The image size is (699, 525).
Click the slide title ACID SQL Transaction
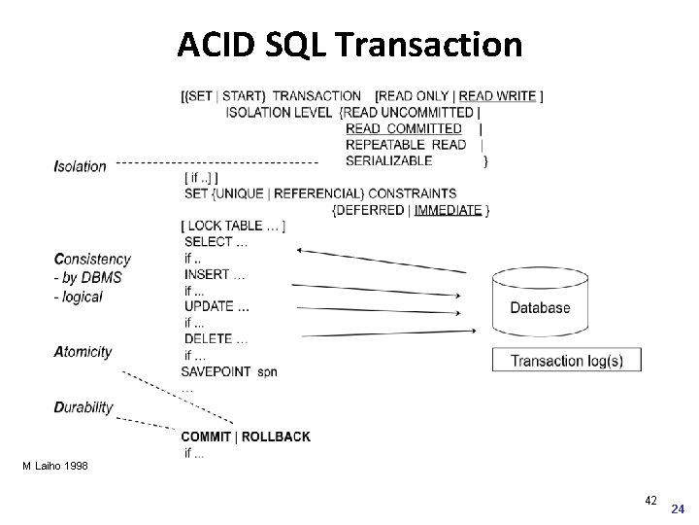point(349,44)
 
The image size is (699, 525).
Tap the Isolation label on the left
point(81,165)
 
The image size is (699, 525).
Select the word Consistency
point(92,259)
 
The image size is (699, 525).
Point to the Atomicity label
point(83,352)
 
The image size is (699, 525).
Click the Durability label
point(83,407)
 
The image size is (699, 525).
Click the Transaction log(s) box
point(566,361)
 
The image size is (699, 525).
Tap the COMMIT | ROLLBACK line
point(246,437)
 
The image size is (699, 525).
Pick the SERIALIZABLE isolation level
point(388,160)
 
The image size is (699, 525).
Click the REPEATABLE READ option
point(406,145)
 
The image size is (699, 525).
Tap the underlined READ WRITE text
point(497,96)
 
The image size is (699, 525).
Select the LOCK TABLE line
point(232,226)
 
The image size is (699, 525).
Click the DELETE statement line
point(216,338)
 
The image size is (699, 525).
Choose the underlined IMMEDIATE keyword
point(448,210)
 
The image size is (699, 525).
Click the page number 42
point(650,500)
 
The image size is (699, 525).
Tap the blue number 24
point(678,508)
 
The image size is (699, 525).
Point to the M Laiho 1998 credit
point(55,467)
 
